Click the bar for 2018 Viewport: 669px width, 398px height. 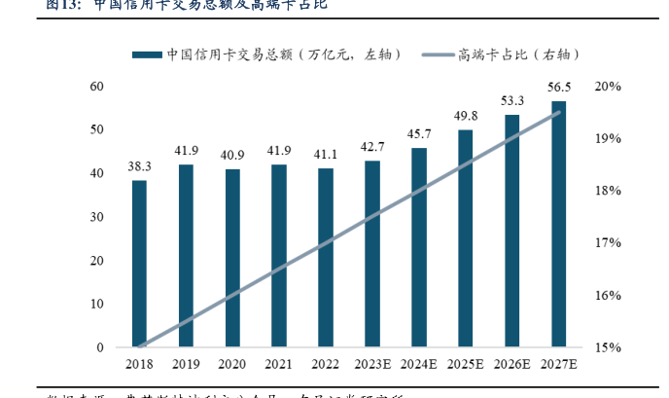139,264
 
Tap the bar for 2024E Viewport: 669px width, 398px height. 419,247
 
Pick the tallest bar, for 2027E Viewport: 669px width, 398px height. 559,224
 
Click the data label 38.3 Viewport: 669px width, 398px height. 139,166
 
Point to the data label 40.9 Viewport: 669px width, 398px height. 232,155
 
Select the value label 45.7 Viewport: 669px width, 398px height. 419,133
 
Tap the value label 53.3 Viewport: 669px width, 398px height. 512,100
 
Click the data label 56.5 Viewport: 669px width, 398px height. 559,87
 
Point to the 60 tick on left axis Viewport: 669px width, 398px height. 97,87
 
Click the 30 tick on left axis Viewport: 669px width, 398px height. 97,217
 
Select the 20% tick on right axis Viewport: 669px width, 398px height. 608,87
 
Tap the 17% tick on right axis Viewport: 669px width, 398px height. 608,243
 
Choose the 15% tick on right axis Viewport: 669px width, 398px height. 608,347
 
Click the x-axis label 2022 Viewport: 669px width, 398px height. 326,364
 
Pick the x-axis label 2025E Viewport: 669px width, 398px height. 466,364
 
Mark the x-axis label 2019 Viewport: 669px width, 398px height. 186,364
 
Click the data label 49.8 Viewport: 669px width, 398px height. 466,116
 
